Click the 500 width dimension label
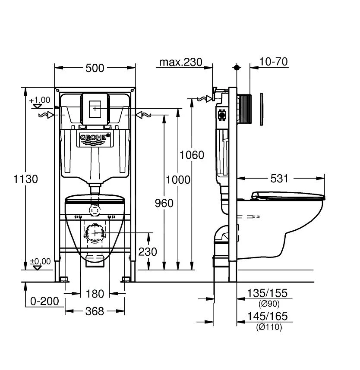(95, 68)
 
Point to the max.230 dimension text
(180, 62)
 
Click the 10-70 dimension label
(273, 62)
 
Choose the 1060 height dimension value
(192, 154)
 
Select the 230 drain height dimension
(148, 251)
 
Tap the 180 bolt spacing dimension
(95, 294)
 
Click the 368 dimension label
(95, 311)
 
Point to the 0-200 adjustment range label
(44, 301)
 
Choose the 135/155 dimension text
(267, 294)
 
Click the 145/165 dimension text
(267, 317)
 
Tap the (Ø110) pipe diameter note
(268, 327)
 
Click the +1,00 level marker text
(40, 100)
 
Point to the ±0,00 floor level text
(40, 261)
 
